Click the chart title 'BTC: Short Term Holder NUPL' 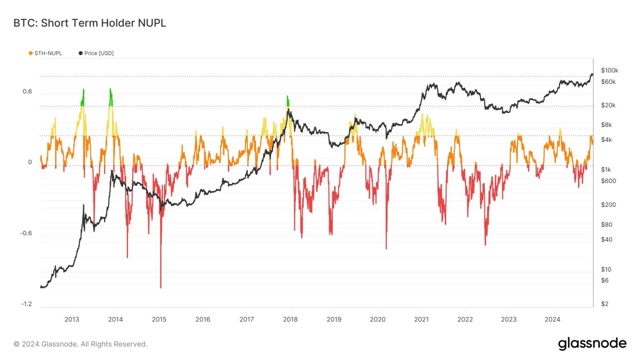(x=90, y=23)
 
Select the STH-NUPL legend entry (x=48, y=53)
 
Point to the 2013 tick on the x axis (x=71, y=319)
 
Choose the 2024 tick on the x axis (x=552, y=319)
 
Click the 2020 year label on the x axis (x=377, y=319)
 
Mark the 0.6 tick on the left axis (x=27, y=91)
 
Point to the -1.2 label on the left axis (x=26, y=304)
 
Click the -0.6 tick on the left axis (x=26, y=233)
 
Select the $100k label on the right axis (x=610, y=70)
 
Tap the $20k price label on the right (x=608, y=105)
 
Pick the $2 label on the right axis (x=605, y=304)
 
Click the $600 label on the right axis (x=608, y=181)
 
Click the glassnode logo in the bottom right (x=592, y=344)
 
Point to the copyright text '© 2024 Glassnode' (x=80, y=344)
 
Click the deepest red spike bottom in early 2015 (x=161, y=288)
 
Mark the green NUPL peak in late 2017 (x=288, y=97)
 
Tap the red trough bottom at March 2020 (x=386, y=248)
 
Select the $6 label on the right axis (x=605, y=280)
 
